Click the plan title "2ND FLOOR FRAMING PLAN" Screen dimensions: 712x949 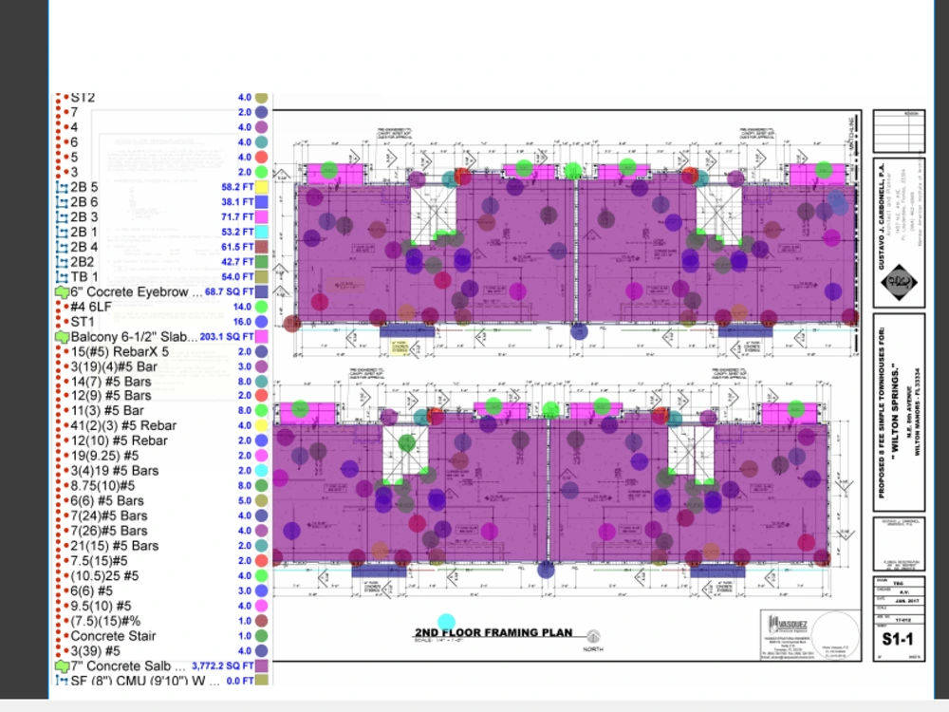click(493, 632)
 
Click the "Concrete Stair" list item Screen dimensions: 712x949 click(113, 636)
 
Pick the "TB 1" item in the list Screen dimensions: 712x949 click(84, 276)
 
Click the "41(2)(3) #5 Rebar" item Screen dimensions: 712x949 click(123, 425)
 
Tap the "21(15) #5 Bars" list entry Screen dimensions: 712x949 click(115, 546)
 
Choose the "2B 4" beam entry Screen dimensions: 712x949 click(84, 247)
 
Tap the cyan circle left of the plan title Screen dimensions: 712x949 click(446, 623)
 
